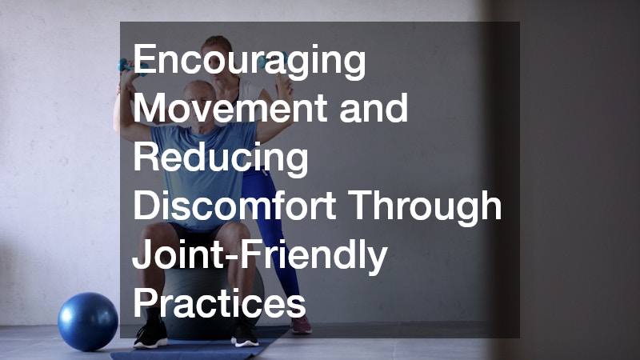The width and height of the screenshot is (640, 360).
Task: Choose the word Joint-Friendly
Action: click(x=260, y=256)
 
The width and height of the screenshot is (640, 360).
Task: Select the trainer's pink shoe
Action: click(x=301, y=323)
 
